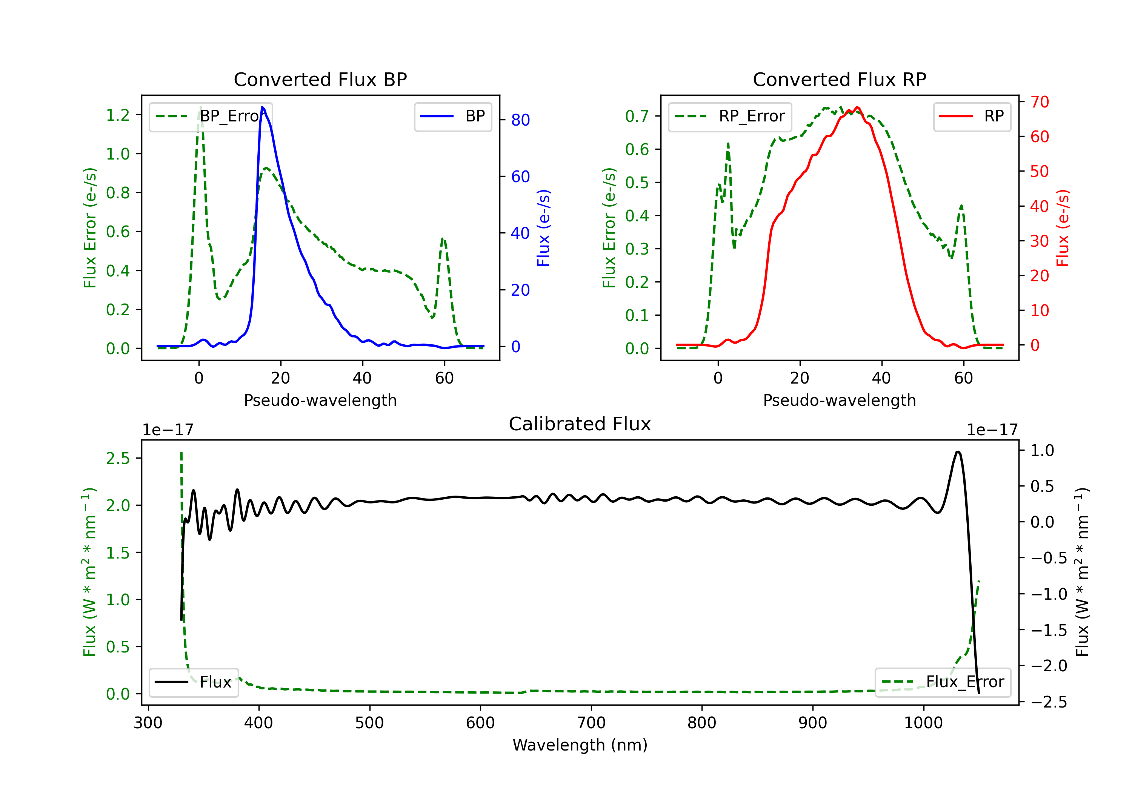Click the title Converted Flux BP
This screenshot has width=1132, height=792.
pos(320,79)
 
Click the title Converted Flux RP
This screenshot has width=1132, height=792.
pos(839,79)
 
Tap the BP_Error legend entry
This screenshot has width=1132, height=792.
pos(211,116)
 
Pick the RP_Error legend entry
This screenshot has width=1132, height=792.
pos(730,116)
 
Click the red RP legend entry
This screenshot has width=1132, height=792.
pos(972,116)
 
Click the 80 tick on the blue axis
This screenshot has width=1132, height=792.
pos(520,120)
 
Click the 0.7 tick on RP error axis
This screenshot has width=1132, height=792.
pos(637,116)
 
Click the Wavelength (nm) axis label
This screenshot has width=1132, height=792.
pos(580,745)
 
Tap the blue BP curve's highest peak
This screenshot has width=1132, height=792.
pos(262,107)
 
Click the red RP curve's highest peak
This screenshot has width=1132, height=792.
pos(858,107)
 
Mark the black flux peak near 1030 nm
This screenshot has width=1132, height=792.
pos(957,451)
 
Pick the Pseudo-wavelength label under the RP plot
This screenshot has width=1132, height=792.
pos(839,400)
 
